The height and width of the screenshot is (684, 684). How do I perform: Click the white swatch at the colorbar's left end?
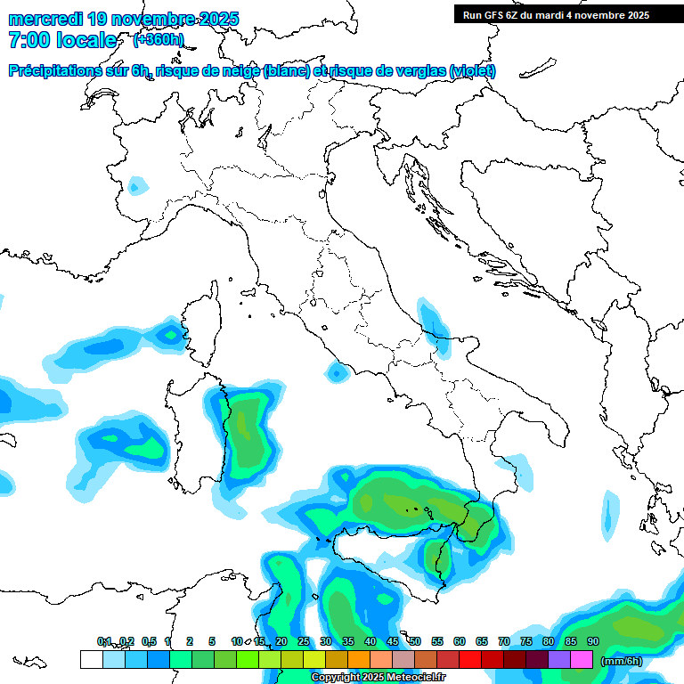91,660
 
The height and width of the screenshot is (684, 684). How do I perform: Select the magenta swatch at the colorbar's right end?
582,660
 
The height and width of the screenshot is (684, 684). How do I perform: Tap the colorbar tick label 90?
593,641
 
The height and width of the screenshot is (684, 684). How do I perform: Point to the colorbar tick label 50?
415,641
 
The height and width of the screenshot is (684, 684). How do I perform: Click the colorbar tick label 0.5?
149,641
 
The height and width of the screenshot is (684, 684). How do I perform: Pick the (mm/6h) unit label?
622,661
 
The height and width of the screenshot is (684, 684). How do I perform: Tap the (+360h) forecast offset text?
158,39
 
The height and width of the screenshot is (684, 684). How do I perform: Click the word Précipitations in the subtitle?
60,71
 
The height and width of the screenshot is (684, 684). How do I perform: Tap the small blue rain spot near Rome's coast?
337,372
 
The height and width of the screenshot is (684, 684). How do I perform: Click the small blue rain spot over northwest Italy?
136,186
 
